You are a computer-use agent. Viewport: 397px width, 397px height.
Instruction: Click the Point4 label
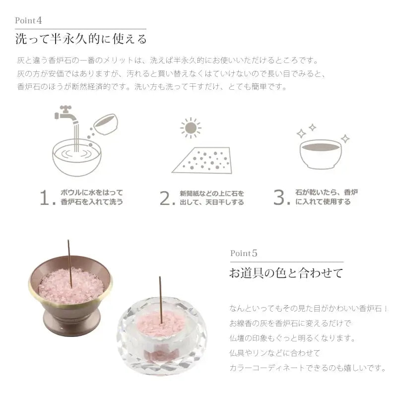click(x=28, y=20)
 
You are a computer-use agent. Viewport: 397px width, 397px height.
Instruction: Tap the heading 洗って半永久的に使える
click(x=81, y=39)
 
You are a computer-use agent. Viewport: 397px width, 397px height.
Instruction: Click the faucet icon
click(x=66, y=115)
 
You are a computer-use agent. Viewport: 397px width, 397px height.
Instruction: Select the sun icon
click(x=191, y=128)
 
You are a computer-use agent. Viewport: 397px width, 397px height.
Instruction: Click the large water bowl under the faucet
click(x=77, y=157)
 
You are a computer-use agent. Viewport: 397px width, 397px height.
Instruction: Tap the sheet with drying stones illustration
click(x=202, y=160)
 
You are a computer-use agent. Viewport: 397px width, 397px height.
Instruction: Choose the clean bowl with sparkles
click(x=321, y=154)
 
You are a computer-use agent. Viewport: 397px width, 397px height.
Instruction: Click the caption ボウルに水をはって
click(x=92, y=193)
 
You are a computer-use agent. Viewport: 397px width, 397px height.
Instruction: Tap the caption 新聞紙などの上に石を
click(x=212, y=194)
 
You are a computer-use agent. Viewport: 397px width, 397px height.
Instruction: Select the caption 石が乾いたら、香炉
click(x=327, y=193)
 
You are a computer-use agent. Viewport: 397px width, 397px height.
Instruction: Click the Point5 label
click(x=244, y=253)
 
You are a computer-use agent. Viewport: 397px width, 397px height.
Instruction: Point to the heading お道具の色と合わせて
click(x=286, y=273)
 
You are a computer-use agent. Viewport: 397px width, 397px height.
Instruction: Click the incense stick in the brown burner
click(x=70, y=264)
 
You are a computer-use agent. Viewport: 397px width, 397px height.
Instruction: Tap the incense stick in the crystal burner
click(x=160, y=300)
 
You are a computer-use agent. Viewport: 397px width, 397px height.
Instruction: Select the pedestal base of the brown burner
click(x=72, y=324)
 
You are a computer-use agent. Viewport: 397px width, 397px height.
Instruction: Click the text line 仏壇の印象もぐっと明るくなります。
click(x=292, y=338)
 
